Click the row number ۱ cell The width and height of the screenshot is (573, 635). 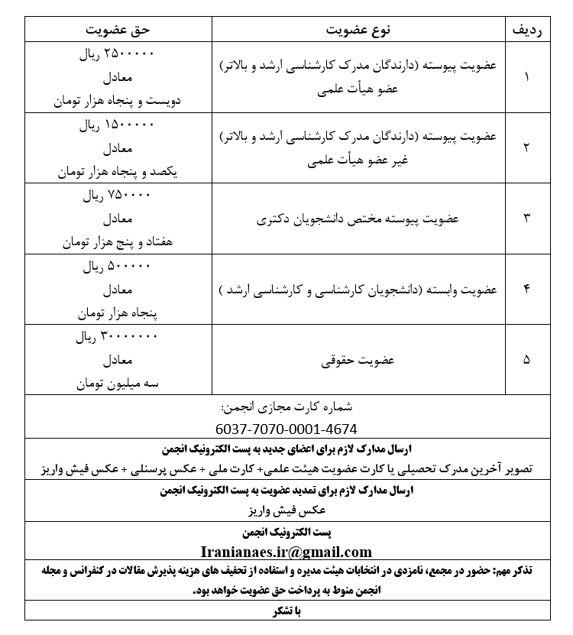(x=526, y=77)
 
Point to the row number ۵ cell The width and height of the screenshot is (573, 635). (x=526, y=359)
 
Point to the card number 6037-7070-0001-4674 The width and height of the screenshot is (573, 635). (x=286, y=429)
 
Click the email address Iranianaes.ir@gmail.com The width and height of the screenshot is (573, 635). (x=286, y=552)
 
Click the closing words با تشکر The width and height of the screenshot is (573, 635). (x=286, y=611)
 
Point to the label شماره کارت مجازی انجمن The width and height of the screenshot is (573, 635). (x=286, y=407)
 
